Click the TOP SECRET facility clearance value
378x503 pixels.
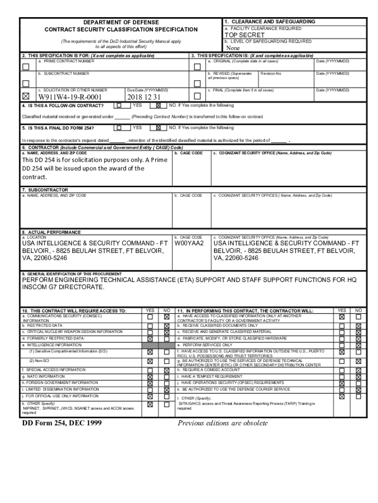click(244, 35)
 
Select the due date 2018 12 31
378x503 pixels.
click(144, 97)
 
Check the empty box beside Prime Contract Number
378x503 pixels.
click(26, 66)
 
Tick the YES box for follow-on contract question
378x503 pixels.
click(119, 105)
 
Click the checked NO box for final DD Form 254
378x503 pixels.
click(158, 128)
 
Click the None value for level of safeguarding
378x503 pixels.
click(232, 48)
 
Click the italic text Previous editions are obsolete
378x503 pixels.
click(223, 423)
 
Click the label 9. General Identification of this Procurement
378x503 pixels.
click(72, 274)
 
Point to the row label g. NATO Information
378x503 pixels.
click(43, 376)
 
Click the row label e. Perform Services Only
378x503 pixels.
click(205, 345)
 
